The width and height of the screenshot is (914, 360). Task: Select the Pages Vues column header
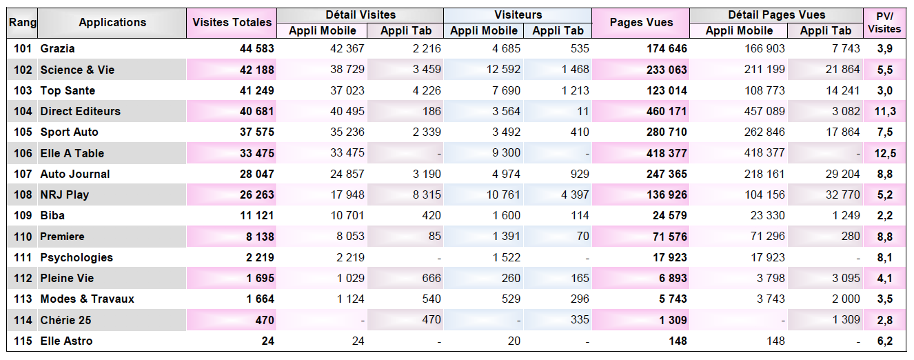point(641,23)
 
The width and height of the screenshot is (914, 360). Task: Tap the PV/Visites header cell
point(884,23)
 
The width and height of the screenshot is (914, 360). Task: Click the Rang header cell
point(23,23)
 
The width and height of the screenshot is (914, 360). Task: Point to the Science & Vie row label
point(77,70)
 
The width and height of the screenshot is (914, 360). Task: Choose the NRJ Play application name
point(64,194)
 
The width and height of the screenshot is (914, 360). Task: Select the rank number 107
point(23,174)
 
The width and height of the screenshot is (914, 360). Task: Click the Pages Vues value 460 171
point(666,112)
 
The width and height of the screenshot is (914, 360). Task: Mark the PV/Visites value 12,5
point(885,153)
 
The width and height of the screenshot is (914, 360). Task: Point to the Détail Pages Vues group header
point(776,15)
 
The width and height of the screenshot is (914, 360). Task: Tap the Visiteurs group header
point(518,15)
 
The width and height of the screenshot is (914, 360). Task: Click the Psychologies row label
point(77,257)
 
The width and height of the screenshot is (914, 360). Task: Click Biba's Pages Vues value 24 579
point(669,216)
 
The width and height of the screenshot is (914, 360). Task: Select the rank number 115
point(23,341)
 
